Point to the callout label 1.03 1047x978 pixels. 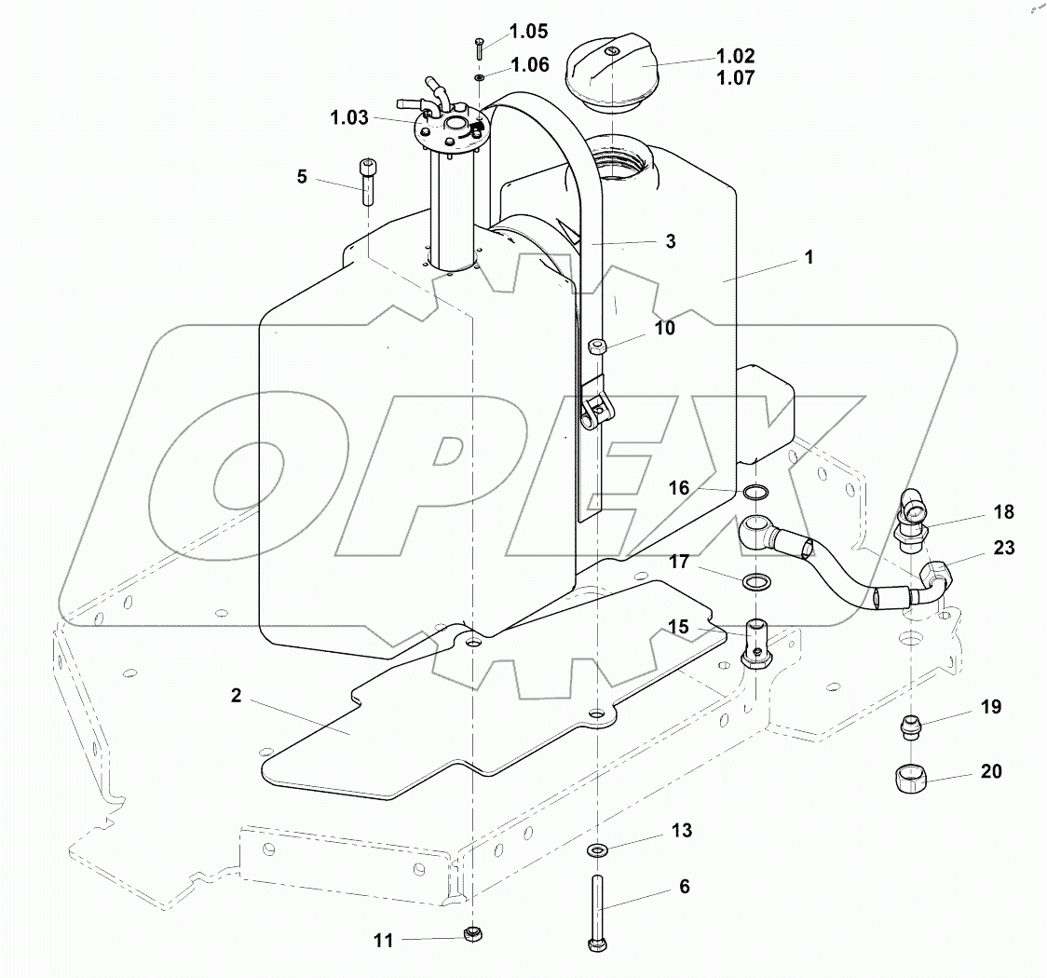coord(348,117)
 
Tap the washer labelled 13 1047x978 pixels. coord(595,849)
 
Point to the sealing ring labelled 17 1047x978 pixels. coord(755,583)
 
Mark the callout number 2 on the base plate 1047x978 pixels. coord(237,696)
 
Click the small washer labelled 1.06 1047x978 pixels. coord(478,77)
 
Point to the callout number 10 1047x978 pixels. coord(664,328)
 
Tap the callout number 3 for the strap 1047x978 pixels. coord(670,241)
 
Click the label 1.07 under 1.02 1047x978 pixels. coord(736,78)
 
